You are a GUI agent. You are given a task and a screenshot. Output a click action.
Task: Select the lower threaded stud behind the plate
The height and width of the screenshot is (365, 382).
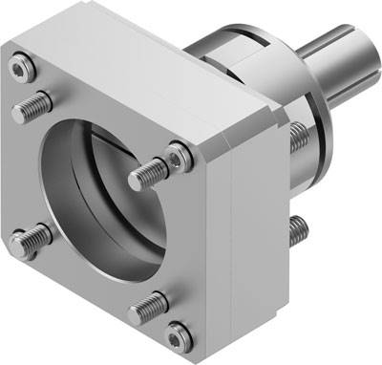tap(299, 227)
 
